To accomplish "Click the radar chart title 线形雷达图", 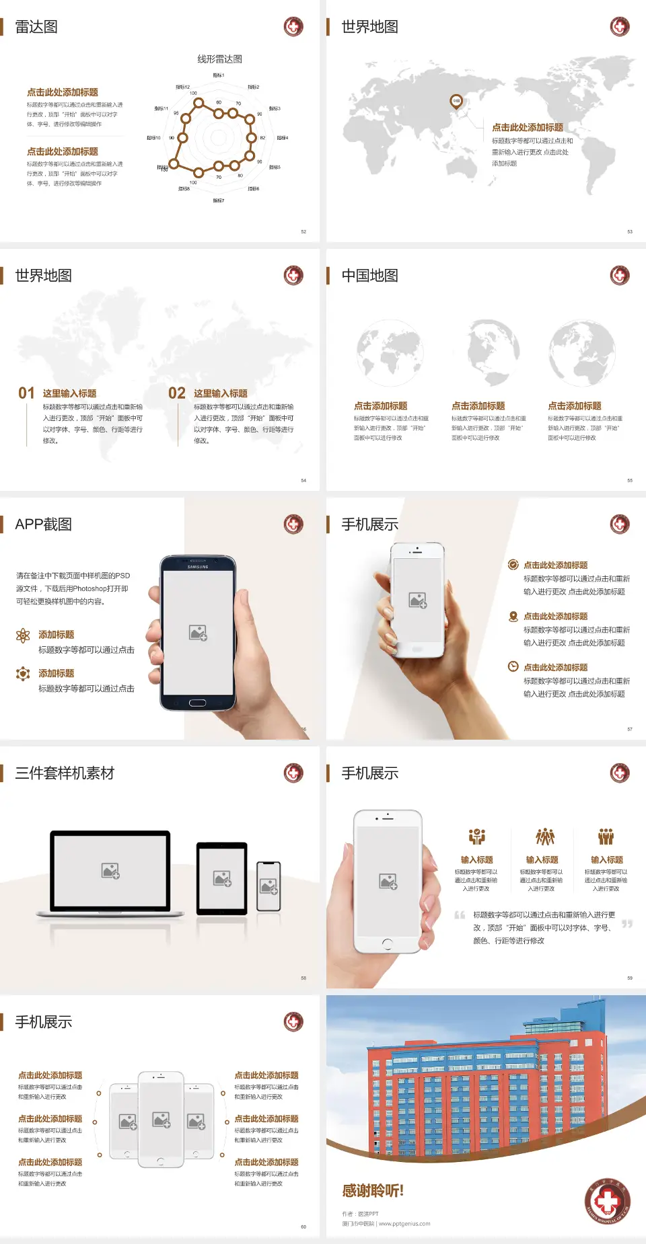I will (x=219, y=59).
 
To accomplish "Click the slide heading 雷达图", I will (x=36, y=27).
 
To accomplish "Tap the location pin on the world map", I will (x=456, y=102).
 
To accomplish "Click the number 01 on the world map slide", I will (x=26, y=393).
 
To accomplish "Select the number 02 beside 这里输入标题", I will (x=177, y=393).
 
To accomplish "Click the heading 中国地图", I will (x=369, y=276).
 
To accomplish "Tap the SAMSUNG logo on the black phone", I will (x=198, y=567).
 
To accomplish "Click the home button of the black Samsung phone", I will (x=197, y=703).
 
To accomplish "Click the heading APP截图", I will (x=43, y=524).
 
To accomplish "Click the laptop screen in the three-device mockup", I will (x=110, y=870).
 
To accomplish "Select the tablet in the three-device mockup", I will (x=222, y=878).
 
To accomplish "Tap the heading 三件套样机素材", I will (x=65, y=773).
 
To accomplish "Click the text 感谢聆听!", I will (x=373, y=1191).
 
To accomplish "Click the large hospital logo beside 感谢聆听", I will (x=607, y=1201).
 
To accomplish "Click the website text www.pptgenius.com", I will (x=404, y=1224).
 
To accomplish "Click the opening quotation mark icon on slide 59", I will (x=460, y=915).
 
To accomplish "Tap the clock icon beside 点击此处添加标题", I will (x=513, y=666).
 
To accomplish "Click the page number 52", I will (x=303, y=231).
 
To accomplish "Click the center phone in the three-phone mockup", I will (x=161, y=1119).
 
